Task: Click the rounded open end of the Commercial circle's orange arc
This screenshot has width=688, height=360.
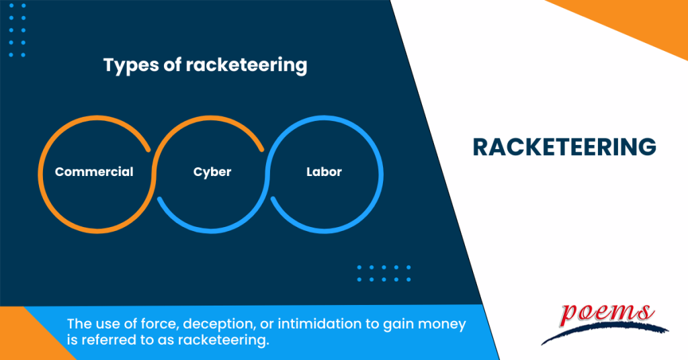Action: tap(148, 150)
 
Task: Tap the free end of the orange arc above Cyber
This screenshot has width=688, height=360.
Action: tap(262, 150)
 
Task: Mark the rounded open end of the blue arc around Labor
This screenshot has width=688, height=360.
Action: tap(273, 199)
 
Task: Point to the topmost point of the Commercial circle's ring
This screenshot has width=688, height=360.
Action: tap(97, 118)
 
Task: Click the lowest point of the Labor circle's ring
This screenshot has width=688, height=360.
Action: tap(325, 231)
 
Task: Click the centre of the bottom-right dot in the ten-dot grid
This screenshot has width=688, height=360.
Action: tap(408, 279)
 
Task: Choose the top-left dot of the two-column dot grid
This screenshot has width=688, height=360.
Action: tap(11, 5)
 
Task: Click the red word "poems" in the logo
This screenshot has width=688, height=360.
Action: tap(608, 314)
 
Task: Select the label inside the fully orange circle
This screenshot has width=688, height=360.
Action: tap(94, 171)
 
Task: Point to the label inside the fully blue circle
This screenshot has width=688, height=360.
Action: tap(324, 171)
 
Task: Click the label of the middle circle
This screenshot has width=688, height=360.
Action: tap(212, 172)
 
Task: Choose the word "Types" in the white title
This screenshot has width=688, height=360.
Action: tap(131, 66)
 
